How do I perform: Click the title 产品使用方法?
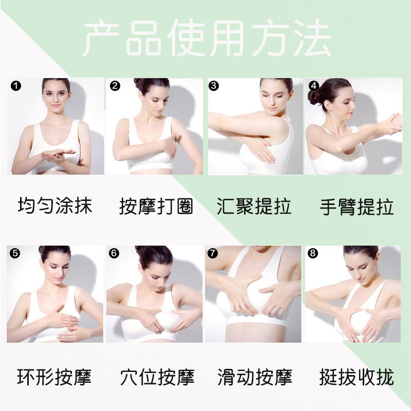208,39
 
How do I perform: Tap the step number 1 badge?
16,86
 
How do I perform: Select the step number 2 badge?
115,86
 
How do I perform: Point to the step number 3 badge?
214,86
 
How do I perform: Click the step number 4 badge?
314,85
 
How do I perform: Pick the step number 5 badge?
15,253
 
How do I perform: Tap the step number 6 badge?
114,253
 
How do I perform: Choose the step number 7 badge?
213,253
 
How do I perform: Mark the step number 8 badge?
313,253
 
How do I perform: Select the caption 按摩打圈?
156,207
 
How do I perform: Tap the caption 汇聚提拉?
254,207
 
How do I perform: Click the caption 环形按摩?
54,377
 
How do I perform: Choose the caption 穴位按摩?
157,377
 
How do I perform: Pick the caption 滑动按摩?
255,377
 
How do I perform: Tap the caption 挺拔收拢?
357,377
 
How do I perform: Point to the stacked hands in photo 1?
58,155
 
